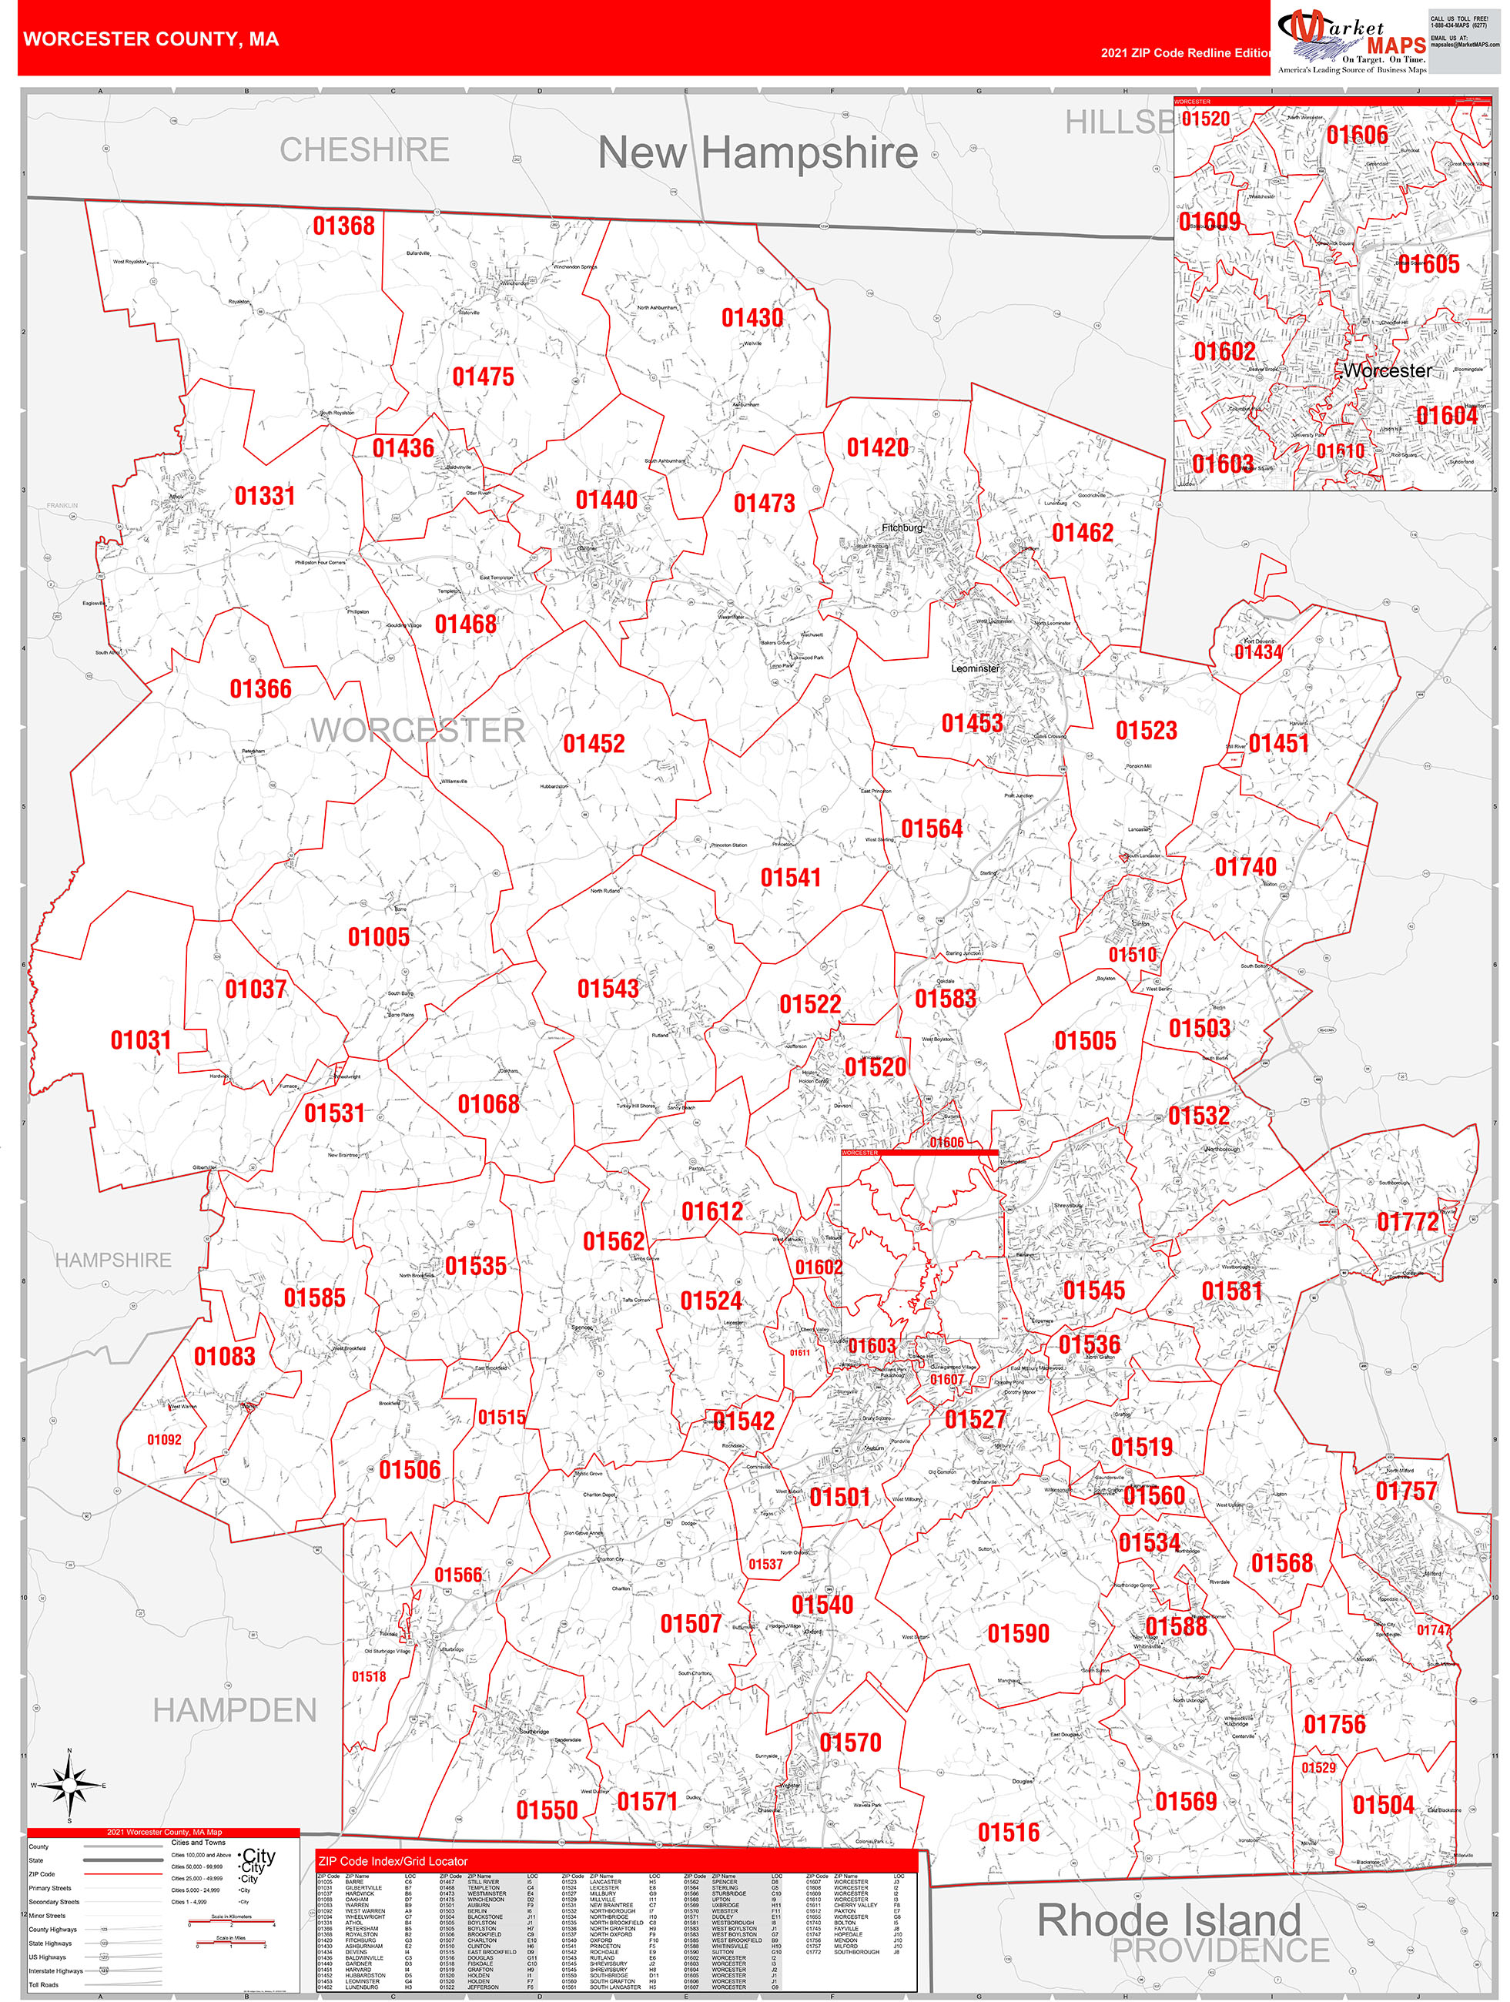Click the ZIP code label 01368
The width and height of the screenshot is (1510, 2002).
tap(343, 226)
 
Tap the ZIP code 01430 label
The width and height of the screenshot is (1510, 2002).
tap(752, 318)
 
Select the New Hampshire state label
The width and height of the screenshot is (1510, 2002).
tap(758, 152)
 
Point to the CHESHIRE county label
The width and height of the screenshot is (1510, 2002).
tap(364, 149)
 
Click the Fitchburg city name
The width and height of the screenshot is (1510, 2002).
tap(902, 527)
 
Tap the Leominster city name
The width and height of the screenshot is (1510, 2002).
tap(975, 668)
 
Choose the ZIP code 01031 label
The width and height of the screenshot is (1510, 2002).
tap(140, 1040)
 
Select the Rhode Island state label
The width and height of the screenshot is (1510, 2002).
tap(1169, 1920)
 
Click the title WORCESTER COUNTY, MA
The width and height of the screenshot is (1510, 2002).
tap(151, 39)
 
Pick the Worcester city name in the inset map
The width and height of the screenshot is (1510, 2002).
tap(1387, 370)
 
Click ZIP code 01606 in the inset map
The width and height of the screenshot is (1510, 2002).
tap(1356, 135)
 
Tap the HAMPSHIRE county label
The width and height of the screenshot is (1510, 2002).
tap(113, 1259)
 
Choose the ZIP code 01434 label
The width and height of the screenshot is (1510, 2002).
tap(1257, 651)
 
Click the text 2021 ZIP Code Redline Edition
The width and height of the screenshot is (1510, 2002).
tap(1186, 52)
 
